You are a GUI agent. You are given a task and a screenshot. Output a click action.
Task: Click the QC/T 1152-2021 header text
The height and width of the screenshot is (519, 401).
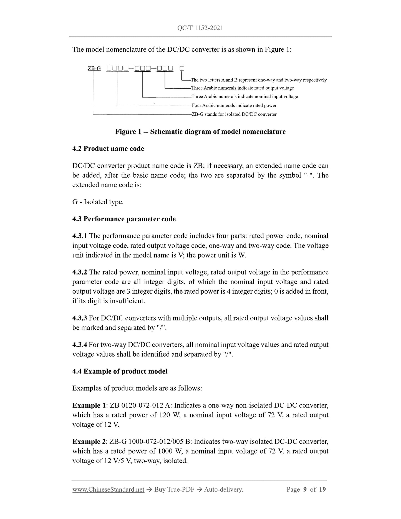point(200,28)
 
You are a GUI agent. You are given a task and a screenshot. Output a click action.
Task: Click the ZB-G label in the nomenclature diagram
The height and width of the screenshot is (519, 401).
point(94,68)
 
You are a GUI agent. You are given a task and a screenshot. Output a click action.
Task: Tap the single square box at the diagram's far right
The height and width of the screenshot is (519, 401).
point(182,68)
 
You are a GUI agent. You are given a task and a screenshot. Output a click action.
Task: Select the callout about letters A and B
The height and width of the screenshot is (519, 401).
point(259,80)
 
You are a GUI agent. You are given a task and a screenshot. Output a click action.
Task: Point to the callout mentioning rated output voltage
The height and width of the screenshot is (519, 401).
point(242,88)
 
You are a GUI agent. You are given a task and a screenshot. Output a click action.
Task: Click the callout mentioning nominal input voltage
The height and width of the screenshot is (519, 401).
point(244,97)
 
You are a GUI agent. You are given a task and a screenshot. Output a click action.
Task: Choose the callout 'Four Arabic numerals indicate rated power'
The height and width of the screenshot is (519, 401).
point(234,105)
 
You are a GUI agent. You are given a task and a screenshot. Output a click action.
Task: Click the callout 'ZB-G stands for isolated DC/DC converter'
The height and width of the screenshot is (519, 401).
point(234,114)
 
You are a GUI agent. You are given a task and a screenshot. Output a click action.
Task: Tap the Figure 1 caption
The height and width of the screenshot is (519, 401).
point(200,132)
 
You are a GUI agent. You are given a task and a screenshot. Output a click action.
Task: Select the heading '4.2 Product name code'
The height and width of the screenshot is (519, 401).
point(108,149)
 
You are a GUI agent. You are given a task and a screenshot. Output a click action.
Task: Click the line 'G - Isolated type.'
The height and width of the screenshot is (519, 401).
point(98,202)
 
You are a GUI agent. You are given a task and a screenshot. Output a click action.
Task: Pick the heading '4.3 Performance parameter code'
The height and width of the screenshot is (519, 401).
point(124,219)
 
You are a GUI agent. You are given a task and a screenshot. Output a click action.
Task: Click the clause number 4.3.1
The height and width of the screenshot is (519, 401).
point(80,236)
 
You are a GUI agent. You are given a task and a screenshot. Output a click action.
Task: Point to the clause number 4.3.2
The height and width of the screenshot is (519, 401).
point(80,272)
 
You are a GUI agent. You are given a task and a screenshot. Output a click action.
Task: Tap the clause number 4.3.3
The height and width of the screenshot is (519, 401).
point(80,318)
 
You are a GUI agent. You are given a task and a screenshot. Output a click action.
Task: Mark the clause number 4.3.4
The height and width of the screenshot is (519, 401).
point(80,345)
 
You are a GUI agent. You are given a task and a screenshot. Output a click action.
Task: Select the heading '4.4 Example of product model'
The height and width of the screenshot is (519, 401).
point(120,371)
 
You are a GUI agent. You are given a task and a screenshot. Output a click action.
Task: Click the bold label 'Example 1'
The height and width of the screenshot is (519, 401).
point(89,405)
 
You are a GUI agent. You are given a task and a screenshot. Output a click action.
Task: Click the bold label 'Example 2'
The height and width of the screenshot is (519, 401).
point(89,442)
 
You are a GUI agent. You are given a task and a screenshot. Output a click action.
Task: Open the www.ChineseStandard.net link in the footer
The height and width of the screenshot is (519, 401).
point(108,490)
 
